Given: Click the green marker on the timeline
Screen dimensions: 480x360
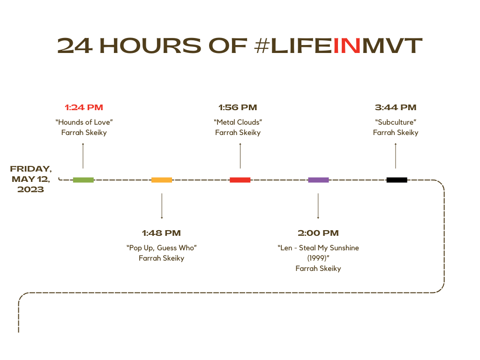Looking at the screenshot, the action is pyautogui.click(x=83, y=180).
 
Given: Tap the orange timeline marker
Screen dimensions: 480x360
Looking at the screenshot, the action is pyautogui.click(x=162, y=180).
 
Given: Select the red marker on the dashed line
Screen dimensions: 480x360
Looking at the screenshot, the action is pyautogui.click(x=240, y=180).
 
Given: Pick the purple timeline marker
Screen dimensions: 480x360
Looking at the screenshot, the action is pyautogui.click(x=318, y=180).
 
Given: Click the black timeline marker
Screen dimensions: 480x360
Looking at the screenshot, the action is pyautogui.click(x=397, y=180).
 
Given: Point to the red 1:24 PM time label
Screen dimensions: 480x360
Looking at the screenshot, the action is pyautogui.click(x=84, y=107).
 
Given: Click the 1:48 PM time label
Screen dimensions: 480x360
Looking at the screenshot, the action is pyautogui.click(x=161, y=233).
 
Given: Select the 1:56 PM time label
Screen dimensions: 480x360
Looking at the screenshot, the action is pyautogui.click(x=238, y=107).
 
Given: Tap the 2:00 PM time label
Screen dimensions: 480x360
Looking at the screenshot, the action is pyautogui.click(x=318, y=233).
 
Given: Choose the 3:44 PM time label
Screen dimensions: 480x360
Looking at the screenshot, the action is pyautogui.click(x=396, y=107).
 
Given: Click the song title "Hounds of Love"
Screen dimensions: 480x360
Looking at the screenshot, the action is pyautogui.click(x=84, y=122).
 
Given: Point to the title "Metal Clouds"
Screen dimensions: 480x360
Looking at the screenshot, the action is pyautogui.click(x=238, y=122).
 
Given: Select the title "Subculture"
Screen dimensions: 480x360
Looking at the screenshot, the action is pyautogui.click(x=396, y=122).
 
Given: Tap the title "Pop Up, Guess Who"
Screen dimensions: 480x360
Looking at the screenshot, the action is pyautogui.click(x=162, y=247).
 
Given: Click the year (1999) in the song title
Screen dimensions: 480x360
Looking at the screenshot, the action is pyautogui.click(x=318, y=258).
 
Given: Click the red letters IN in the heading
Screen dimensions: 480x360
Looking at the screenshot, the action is pyautogui.click(x=347, y=45).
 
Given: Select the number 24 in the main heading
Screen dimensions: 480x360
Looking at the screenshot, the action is pyautogui.click(x=75, y=45).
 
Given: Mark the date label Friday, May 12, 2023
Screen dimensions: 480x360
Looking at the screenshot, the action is pyautogui.click(x=30, y=179).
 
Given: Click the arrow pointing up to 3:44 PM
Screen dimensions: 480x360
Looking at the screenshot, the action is pyautogui.click(x=396, y=156).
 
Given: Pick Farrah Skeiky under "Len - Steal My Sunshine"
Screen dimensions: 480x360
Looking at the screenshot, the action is pyautogui.click(x=318, y=269).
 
